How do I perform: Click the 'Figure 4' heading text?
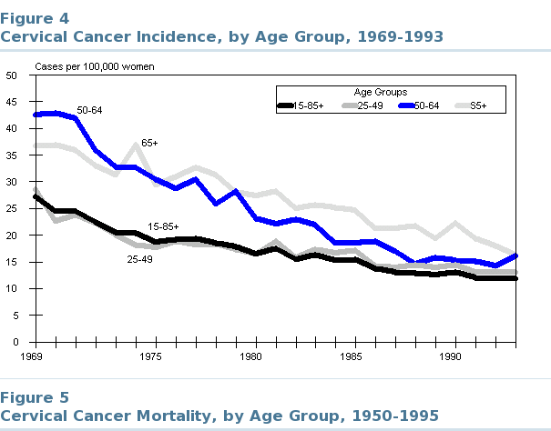click(34, 17)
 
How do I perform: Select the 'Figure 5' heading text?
click(34, 397)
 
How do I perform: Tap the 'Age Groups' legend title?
click(382, 93)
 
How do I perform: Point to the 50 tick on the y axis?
click(12, 75)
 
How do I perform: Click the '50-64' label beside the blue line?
click(89, 111)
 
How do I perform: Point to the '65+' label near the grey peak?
click(149, 143)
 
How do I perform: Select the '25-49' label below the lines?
click(140, 259)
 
